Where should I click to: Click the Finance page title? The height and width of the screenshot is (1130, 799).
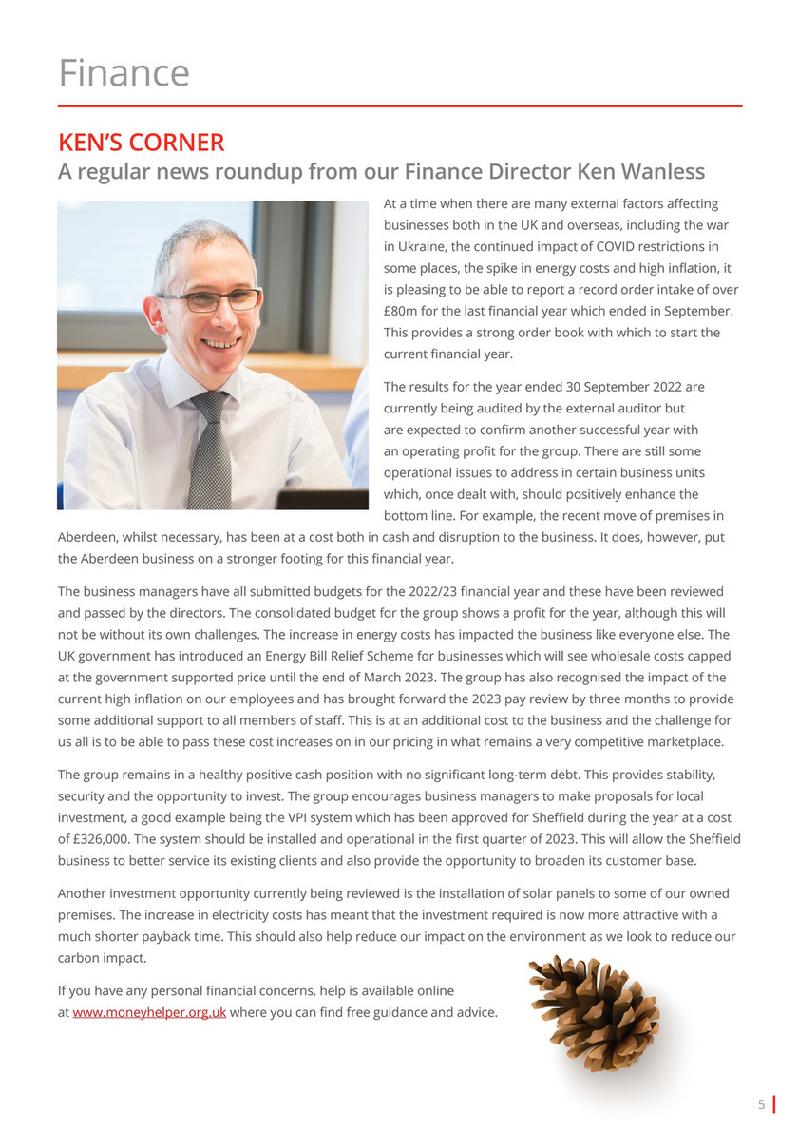(x=124, y=73)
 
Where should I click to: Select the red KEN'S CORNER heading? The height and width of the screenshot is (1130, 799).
(x=141, y=143)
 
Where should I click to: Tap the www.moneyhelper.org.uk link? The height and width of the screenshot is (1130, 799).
(x=149, y=1012)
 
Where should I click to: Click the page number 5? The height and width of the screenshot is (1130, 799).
(x=761, y=1104)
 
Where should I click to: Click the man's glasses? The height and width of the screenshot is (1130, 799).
(x=209, y=300)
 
